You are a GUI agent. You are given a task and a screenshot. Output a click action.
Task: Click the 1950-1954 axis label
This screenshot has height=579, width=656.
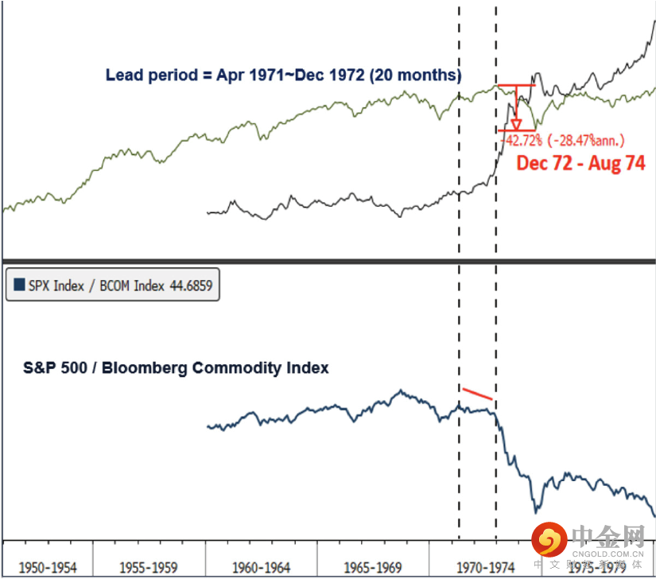click(x=48, y=568)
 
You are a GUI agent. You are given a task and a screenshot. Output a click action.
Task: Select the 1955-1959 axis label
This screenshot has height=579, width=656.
click(x=149, y=568)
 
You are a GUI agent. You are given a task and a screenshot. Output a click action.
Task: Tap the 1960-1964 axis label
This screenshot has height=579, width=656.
click(x=261, y=568)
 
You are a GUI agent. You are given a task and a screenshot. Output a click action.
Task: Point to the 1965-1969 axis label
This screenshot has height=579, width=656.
click(x=373, y=568)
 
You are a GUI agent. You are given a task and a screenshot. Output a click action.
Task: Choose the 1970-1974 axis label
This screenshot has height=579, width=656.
click(x=484, y=568)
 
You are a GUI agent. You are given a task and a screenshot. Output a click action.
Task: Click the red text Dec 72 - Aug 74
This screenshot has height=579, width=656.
click(x=580, y=164)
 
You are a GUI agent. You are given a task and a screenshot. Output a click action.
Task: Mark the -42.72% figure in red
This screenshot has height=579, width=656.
click(x=522, y=141)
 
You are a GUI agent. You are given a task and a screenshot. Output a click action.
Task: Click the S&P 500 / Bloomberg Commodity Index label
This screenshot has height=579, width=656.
click(x=176, y=368)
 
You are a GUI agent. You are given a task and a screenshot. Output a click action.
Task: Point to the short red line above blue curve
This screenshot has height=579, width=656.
click(x=478, y=394)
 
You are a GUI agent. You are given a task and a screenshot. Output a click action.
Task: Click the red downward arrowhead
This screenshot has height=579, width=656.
click(x=516, y=125)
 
